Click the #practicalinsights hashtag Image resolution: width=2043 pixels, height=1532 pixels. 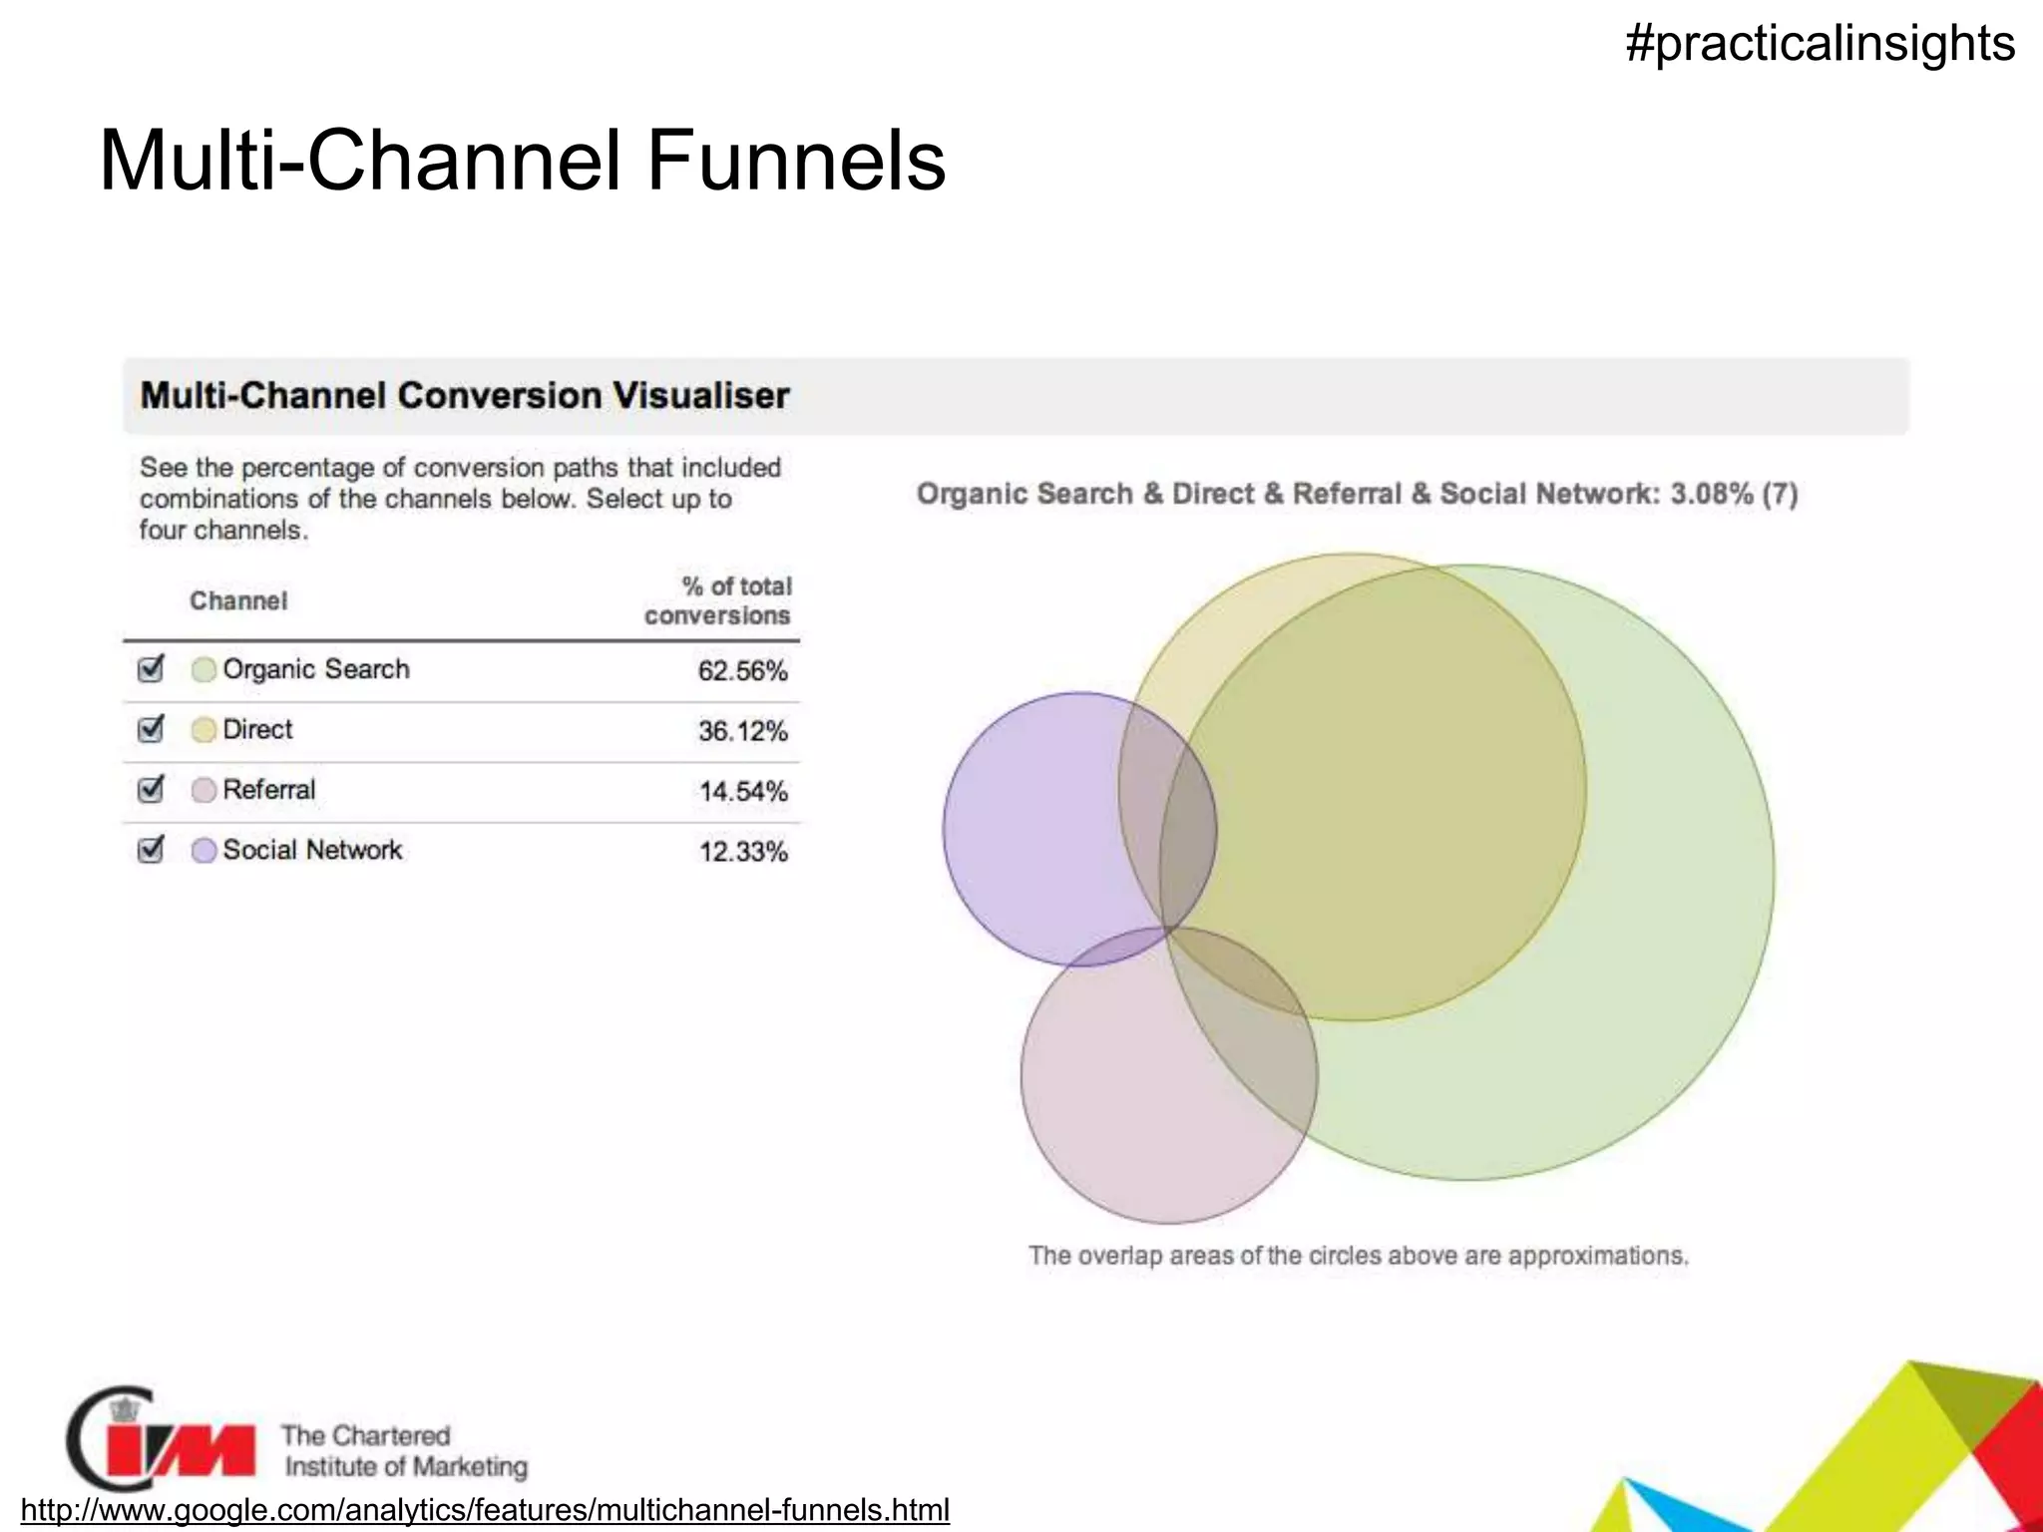click(x=1820, y=44)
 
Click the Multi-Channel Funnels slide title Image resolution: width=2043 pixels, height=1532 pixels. click(x=522, y=161)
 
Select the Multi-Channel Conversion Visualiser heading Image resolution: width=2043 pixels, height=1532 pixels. click(x=465, y=396)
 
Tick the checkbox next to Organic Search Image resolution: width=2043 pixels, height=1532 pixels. click(x=151, y=668)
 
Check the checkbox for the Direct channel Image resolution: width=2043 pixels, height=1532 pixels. click(x=151, y=729)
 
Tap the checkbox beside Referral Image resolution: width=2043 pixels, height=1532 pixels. click(x=151, y=789)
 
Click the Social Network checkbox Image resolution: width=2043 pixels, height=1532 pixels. click(x=151, y=850)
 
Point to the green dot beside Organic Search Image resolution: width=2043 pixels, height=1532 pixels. click(x=204, y=670)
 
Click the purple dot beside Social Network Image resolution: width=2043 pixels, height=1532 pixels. click(x=204, y=851)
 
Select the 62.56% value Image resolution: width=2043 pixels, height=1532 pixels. click(x=742, y=671)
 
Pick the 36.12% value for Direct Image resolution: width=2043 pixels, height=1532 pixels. click(x=742, y=731)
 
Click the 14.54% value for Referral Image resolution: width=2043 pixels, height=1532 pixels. click(x=742, y=792)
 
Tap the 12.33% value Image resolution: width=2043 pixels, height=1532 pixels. click(x=742, y=852)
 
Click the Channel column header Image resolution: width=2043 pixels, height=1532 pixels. click(x=238, y=600)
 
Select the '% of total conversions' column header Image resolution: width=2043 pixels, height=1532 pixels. click(x=719, y=600)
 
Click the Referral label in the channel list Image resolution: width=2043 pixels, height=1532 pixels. click(x=268, y=790)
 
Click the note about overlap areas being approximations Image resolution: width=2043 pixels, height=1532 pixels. click(x=1358, y=1255)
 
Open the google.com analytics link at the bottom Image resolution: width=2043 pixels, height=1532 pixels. click(x=485, y=1509)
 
